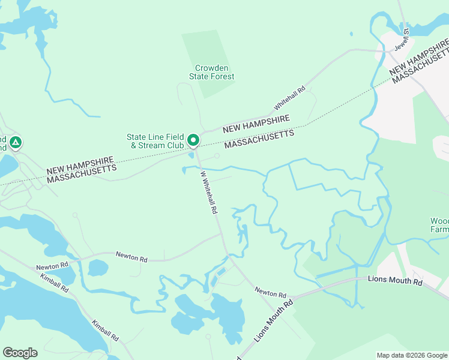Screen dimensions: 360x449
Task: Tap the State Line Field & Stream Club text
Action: point(155,141)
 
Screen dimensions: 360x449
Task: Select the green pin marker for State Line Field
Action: point(193,140)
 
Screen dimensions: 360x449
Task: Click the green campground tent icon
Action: point(16,143)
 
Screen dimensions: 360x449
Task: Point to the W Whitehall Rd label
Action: point(208,193)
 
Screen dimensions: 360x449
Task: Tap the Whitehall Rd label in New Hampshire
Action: point(291,97)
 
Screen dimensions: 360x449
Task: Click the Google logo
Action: point(20,353)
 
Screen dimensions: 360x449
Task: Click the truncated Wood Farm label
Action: point(439,225)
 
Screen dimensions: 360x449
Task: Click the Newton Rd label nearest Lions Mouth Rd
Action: point(270,293)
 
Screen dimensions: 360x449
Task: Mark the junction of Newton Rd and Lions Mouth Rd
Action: point(289,298)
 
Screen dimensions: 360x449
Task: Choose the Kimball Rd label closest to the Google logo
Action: point(105,331)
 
